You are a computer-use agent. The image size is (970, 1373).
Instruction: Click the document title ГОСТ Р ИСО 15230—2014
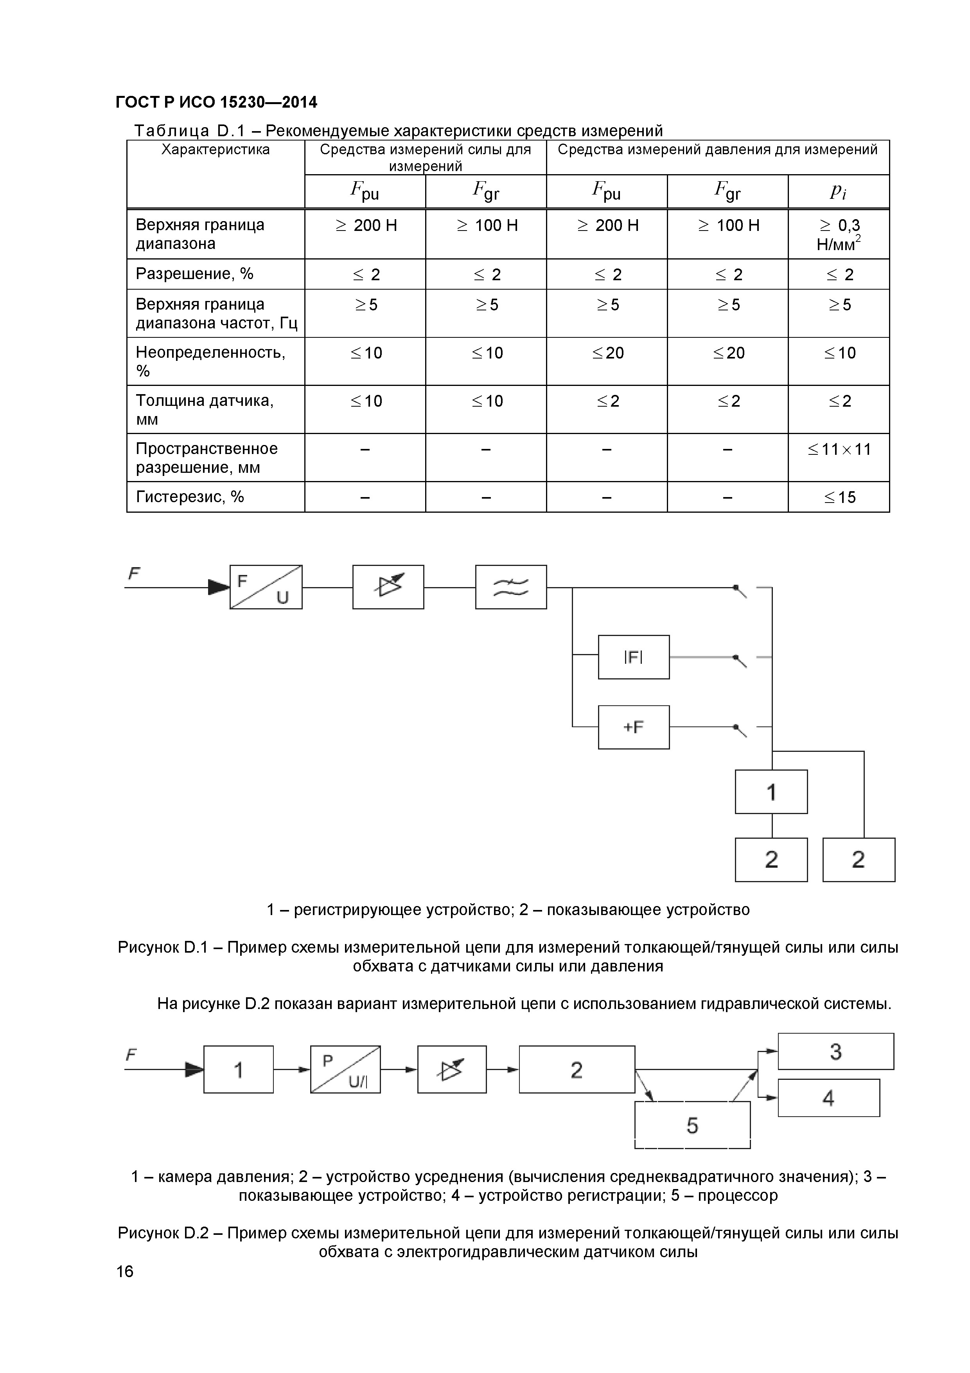tap(216, 102)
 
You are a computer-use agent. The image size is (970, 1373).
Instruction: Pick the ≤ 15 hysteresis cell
tap(839, 497)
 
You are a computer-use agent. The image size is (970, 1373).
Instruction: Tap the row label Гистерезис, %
tap(190, 497)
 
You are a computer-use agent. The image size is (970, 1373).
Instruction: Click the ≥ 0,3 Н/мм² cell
tap(839, 234)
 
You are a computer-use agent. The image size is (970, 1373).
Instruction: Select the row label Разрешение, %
tap(195, 274)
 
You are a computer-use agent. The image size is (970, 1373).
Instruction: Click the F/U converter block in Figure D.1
tap(266, 587)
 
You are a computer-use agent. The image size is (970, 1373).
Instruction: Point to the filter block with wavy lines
tap(511, 587)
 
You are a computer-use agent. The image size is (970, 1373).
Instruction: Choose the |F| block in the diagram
tap(634, 657)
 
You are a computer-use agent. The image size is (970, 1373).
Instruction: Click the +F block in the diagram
tap(634, 727)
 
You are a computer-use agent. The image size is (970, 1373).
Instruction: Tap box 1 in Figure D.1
tap(771, 792)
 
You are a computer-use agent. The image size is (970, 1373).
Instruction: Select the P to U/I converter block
tap(345, 1070)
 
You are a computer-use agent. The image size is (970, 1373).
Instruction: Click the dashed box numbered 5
tap(692, 1125)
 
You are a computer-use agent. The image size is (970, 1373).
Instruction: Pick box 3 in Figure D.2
tap(835, 1051)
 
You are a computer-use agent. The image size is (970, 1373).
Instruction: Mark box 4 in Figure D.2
tap(828, 1098)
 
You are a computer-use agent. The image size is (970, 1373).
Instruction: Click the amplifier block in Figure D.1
tap(388, 587)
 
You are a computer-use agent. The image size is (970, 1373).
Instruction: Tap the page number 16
tap(125, 1271)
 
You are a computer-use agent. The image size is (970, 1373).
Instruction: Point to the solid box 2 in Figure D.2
tap(577, 1070)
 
